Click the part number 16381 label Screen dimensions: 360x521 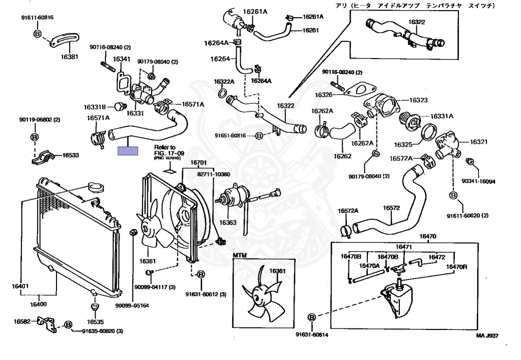coord(70,57)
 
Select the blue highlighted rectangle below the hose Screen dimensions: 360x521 coord(128,151)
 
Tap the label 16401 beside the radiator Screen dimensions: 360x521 coord(21,287)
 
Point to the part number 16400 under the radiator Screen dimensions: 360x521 coord(38,304)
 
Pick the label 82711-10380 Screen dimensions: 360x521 coord(214,174)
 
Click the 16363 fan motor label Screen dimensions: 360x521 coord(228,223)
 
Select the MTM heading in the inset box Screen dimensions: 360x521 coord(240,255)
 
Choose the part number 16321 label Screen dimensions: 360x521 coord(478,142)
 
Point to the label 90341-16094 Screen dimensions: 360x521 coord(478,181)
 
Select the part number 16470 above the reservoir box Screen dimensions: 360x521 coord(428,236)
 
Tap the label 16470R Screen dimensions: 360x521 coord(457,267)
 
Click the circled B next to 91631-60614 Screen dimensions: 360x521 coord(312,317)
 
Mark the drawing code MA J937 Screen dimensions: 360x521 coord(487,336)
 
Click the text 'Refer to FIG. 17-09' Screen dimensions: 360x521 coord(165,150)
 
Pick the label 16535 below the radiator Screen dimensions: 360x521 coord(95,322)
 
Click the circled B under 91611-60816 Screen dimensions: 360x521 coord(37,34)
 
